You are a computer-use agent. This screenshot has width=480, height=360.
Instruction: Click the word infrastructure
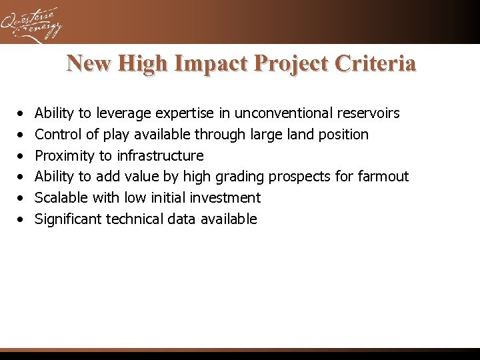160,155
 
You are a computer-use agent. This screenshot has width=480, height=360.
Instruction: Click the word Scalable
61,197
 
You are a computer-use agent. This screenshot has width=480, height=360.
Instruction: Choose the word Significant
69,219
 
